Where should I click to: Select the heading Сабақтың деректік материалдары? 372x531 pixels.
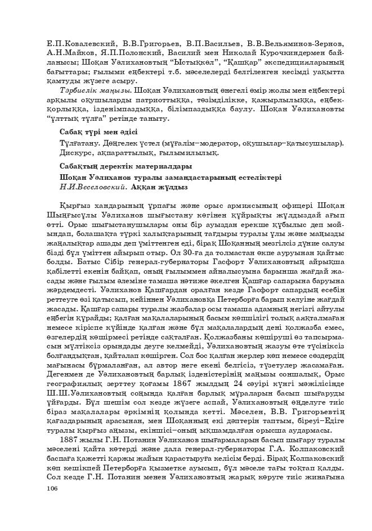(x=126, y=166)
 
